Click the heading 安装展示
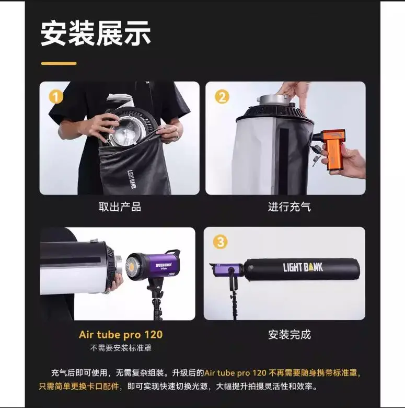96,33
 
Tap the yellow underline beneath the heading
59,64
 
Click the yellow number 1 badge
56,97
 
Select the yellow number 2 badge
222,97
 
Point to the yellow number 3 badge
221,242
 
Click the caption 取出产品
120,207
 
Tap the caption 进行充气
290,207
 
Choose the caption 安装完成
290,335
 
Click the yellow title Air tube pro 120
121,335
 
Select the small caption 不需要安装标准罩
121,348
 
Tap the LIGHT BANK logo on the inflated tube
303,267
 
